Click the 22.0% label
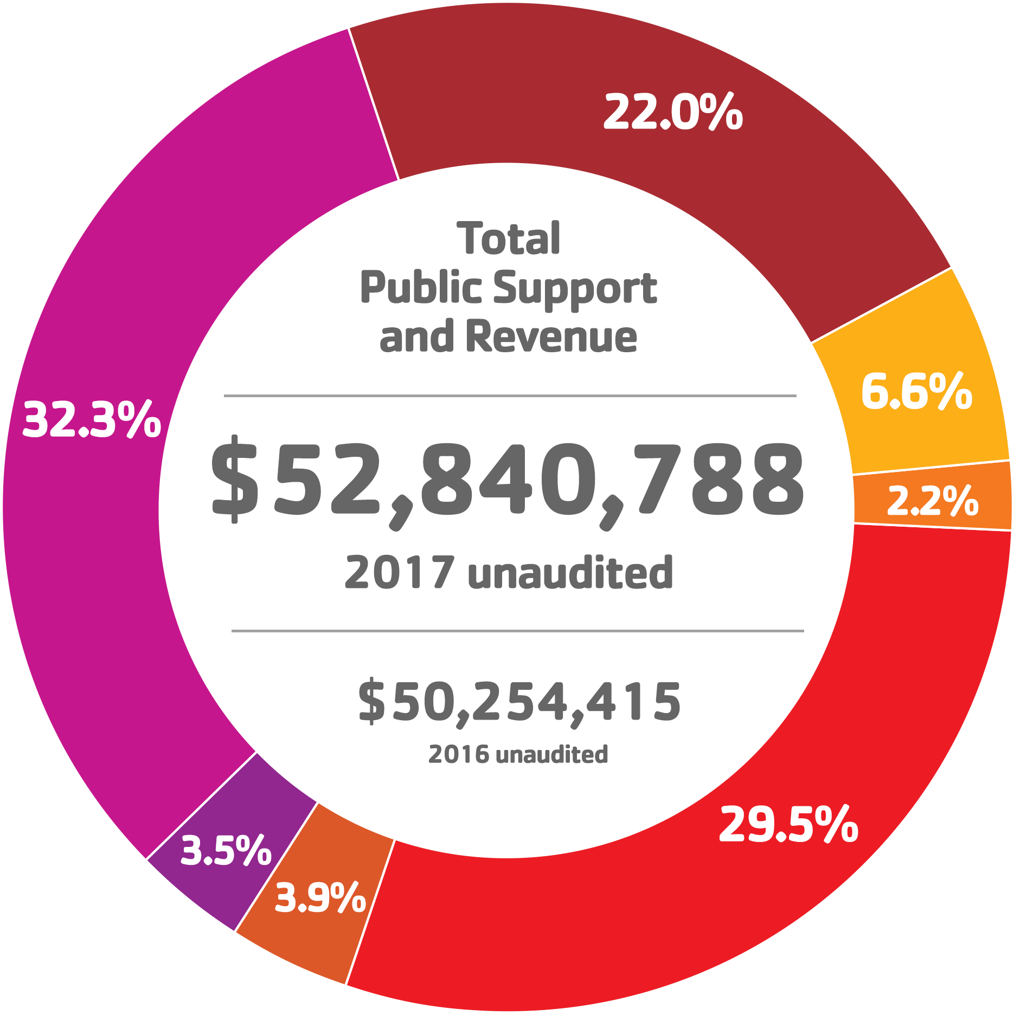point(672,113)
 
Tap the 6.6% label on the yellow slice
point(916,391)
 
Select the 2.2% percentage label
point(933,501)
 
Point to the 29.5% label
point(788,825)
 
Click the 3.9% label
point(320,897)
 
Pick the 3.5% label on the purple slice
point(226,850)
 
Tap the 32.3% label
point(92,420)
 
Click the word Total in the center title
point(509,238)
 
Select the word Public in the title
point(420,288)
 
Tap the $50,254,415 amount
point(519,702)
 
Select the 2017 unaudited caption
point(509,573)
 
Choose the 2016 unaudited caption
point(518,754)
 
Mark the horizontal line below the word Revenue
point(510,396)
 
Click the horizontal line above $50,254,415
point(517,631)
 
